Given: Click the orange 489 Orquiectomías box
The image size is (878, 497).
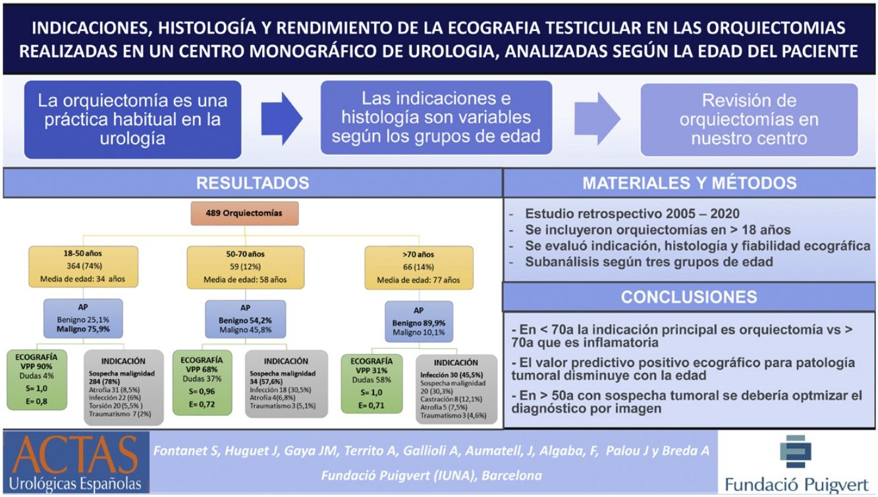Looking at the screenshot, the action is pyautogui.click(x=246, y=214).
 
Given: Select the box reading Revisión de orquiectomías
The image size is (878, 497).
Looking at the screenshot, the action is pyautogui.click(x=750, y=119).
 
